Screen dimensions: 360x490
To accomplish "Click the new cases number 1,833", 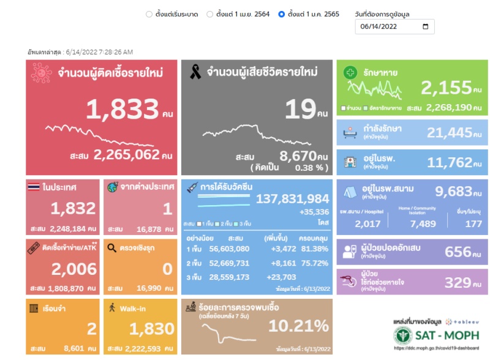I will (x=123, y=110).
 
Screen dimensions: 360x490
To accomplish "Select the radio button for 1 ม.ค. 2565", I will (x=282, y=14).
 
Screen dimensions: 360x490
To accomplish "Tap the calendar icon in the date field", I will (x=426, y=27).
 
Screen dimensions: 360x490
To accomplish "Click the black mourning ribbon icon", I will (x=195, y=73).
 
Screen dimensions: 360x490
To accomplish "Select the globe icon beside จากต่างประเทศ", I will (x=113, y=187).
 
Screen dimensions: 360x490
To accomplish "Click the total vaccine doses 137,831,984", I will (x=293, y=199).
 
